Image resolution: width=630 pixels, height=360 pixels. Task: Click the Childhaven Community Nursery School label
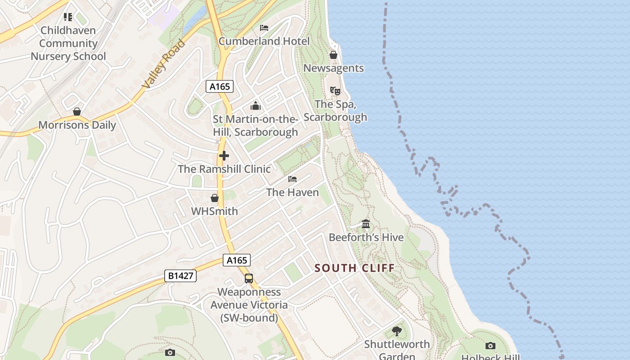pos(68,43)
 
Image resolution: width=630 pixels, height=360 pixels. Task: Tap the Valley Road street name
pos(163,64)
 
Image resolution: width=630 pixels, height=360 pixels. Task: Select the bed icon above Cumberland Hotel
pos(264,28)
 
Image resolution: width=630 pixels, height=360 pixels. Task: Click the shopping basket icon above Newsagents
pos(333,55)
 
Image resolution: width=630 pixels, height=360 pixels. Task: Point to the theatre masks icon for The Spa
pos(335,91)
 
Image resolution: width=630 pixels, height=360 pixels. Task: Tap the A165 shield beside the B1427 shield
pos(236,260)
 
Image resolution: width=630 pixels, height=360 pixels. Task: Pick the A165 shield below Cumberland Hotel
pos(220,86)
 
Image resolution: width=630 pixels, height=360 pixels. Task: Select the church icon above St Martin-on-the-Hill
pos(256,106)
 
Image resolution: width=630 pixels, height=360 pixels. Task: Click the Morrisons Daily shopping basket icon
pos(77,112)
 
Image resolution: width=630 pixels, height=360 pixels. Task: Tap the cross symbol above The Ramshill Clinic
pos(224,156)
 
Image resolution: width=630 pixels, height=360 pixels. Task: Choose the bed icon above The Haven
pos(292,179)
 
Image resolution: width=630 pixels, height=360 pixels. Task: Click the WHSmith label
pos(215,211)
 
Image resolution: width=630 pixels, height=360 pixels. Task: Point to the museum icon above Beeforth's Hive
pos(366,224)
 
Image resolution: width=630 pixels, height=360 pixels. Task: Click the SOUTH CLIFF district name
pos(355,268)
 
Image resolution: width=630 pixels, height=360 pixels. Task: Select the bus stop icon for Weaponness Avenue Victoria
pos(249,279)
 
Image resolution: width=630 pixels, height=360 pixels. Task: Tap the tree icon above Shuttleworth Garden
pos(396,331)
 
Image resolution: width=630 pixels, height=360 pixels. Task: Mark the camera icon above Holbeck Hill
pos(490,346)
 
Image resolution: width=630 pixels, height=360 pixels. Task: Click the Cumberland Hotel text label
pos(264,41)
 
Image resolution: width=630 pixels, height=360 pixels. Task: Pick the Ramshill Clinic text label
pos(225,169)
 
